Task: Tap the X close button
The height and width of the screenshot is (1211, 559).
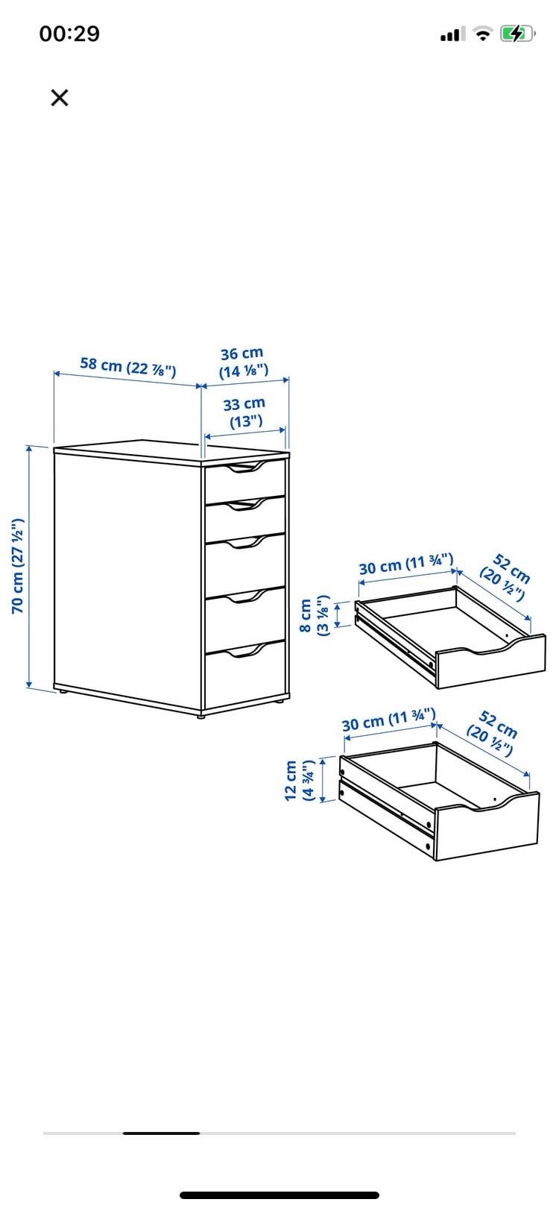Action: tap(60, 98)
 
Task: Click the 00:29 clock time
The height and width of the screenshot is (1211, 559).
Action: tap(70, 34)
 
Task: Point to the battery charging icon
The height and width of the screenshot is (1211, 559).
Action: tap(517, 34)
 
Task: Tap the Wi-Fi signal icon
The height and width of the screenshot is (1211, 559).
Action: tap(483, 34)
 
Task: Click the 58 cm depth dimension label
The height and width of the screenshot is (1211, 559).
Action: tap(128, 367)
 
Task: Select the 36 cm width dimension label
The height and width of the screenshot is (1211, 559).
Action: tap(243, 362)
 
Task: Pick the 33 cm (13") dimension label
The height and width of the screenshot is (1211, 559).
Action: tap(244, 412)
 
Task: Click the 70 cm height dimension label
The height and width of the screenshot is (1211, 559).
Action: tap(19, 566)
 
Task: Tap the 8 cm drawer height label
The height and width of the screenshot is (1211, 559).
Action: tap(314, 616)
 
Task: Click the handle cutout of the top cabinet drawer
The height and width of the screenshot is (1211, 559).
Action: tap(246, 468)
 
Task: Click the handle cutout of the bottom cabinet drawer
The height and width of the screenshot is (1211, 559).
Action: tap(246, 650)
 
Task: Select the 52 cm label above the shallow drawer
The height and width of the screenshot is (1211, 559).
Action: tap(505, 577)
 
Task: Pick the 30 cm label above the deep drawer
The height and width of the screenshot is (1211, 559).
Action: tap(389, 720)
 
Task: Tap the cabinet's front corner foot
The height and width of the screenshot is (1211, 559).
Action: tap(201, 715)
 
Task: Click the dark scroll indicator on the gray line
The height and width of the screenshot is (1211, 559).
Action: tap(161, 1133)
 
